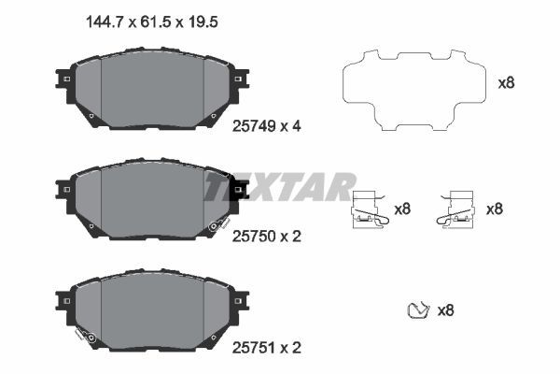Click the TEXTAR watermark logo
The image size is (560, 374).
(280, 186)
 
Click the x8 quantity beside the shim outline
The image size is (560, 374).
(506, 82)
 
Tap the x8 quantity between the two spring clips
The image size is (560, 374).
(402, 209)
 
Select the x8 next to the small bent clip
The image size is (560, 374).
(446, 309)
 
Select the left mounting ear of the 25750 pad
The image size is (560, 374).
(64, 191)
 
